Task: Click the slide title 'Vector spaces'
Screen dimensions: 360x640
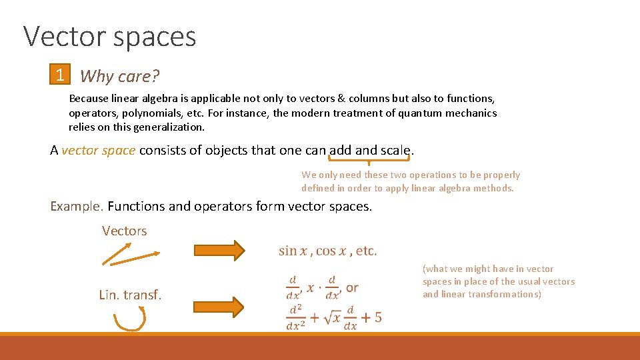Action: click(110, 37)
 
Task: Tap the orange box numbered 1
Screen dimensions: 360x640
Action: click(60, 75)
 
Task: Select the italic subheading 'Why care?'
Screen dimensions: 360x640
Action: click(120, 76)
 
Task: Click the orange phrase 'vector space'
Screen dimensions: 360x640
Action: click(99, 150)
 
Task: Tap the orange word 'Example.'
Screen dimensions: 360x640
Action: click(77, 206)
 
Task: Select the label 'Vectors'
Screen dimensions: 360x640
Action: click(124, 231)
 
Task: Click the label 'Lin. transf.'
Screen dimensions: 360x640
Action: click(130, 295)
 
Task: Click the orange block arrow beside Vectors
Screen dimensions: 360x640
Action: click(219, 250)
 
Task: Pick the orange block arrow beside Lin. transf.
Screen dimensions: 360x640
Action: click(219, 307)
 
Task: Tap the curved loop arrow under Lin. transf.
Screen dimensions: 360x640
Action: click(129, 320)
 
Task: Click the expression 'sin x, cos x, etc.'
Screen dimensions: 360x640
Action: click(327, 251)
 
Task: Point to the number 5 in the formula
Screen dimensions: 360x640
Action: click(378, 317)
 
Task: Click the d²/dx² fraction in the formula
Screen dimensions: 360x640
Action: click(297, 317)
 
